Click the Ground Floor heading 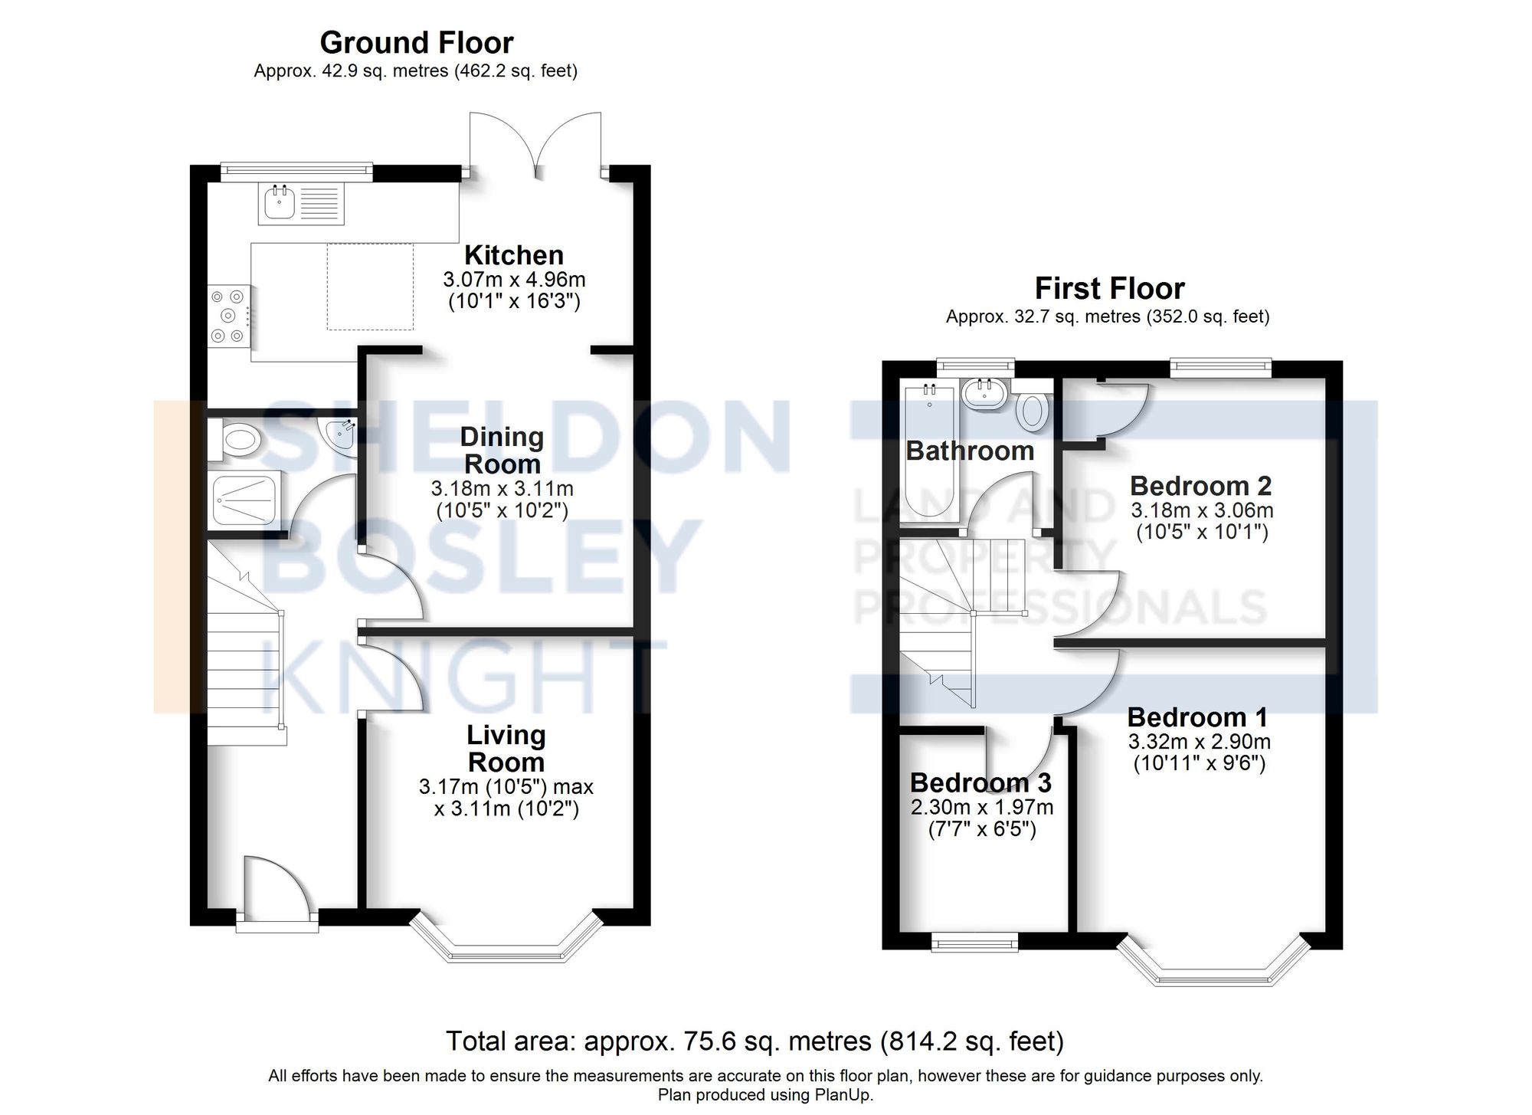(416, 43)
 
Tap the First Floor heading (1109, 289)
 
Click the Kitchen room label (513, 255)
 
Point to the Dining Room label (502, 451)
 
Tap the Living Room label (506, 749)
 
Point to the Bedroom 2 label (1200, 486)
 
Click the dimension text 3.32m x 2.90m (1199, 742)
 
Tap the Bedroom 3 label (980, 783)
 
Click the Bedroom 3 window (974, 942)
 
